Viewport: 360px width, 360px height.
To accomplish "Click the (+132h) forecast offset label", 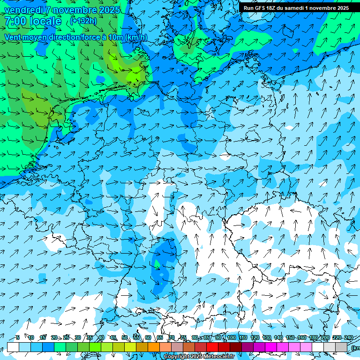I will [x=83, y=21].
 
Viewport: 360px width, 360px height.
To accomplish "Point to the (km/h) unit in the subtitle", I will [x=135, y=37].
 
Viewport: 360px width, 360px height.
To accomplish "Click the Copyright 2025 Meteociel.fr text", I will [x=200, y=357].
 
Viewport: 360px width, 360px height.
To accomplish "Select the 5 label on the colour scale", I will [x=17, y=337].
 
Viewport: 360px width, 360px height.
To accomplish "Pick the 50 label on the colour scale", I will [x=125, y=337].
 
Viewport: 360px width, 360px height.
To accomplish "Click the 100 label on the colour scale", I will [x=231, y=337].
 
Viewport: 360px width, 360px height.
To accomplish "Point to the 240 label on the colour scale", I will [x=348, y=337].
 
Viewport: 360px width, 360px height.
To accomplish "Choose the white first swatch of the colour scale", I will [x=13, y=347].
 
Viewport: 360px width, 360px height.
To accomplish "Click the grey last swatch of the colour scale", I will [x=341, y=347].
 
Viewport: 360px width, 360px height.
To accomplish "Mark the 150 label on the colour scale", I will [x=290, y=337].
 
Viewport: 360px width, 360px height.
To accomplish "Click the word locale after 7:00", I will [x=45, y=21].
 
